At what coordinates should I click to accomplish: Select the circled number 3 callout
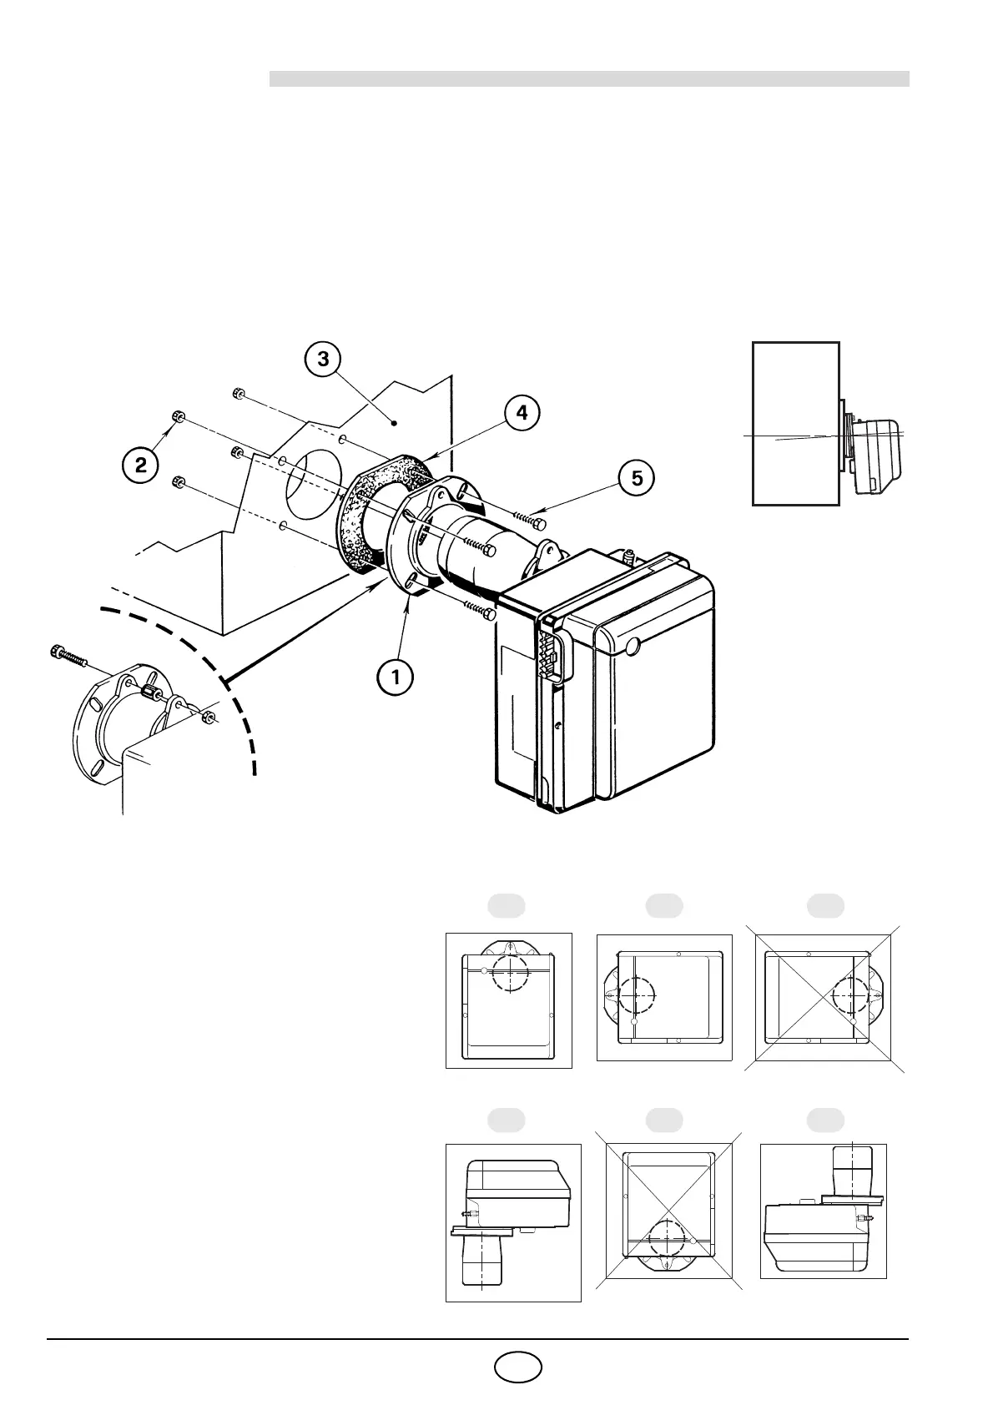[323, 359]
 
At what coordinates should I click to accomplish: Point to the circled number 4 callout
[522, 412]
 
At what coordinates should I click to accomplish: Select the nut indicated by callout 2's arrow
[178, 415]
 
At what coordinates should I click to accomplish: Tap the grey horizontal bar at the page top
[588, 79]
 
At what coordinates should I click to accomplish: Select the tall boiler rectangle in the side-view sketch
[795, 423]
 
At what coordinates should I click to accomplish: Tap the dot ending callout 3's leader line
[395, 424]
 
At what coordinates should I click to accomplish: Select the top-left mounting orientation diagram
[508, 1000]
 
